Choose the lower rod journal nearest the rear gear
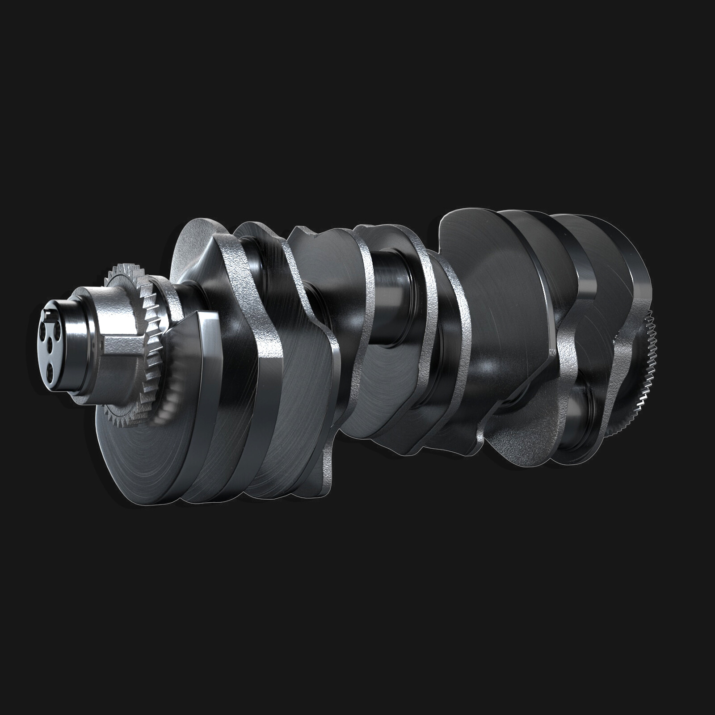[x=581, y=416]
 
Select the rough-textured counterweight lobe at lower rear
[x=523, y=438]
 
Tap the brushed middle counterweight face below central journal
[x=384, y=393]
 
